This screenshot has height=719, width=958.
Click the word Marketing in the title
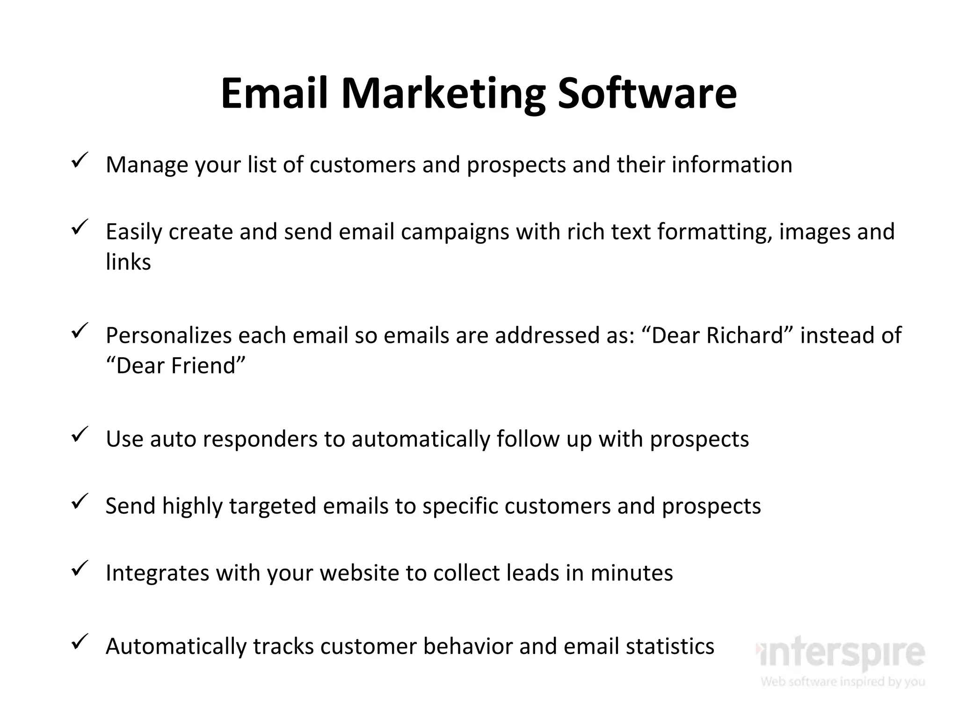point(443,94)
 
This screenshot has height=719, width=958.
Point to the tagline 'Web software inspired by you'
point(842,682)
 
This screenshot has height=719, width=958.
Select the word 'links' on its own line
point(128,262)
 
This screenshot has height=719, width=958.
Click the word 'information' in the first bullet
point(732,165)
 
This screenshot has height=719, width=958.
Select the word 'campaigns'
point(455,232)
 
